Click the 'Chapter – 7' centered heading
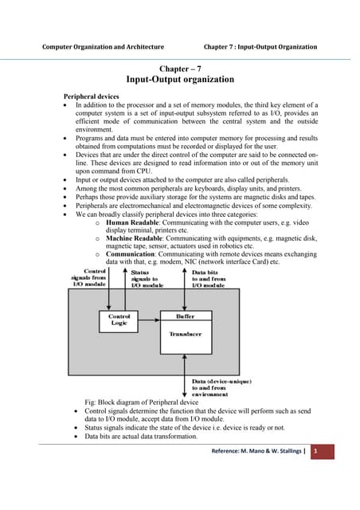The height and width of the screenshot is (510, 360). [179, 69]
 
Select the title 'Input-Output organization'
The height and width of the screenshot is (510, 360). [179, 80]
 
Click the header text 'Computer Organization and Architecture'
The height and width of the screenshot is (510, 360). [103, 47]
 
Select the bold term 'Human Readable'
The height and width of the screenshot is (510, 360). [132, 223]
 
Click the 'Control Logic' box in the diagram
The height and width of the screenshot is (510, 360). [119, 320]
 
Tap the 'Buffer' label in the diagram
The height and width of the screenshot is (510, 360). [185, 316]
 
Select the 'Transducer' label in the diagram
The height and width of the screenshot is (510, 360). [185, 335]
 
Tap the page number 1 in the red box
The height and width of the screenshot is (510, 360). [315, 452]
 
